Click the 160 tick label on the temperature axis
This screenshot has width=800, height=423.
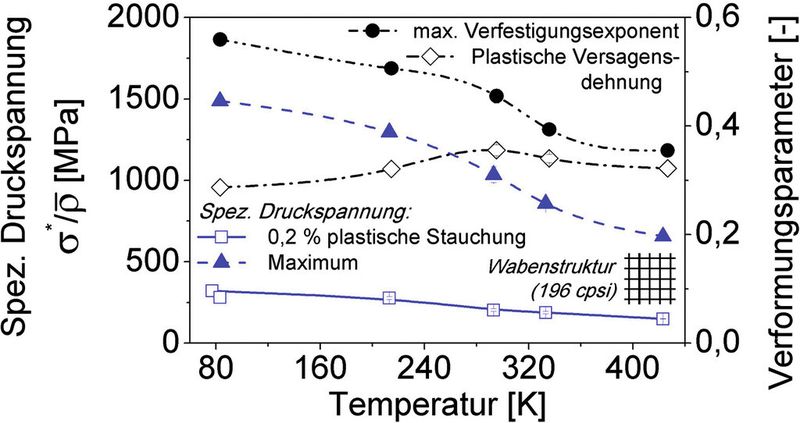(x=319, y=369)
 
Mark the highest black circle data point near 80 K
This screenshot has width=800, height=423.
(x=220, y=40)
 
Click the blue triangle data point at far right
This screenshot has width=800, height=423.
(x=663, y=235)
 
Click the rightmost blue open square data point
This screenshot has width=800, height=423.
(x=663, y=318)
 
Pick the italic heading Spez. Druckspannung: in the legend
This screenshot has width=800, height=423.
(x=306, y=213)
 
